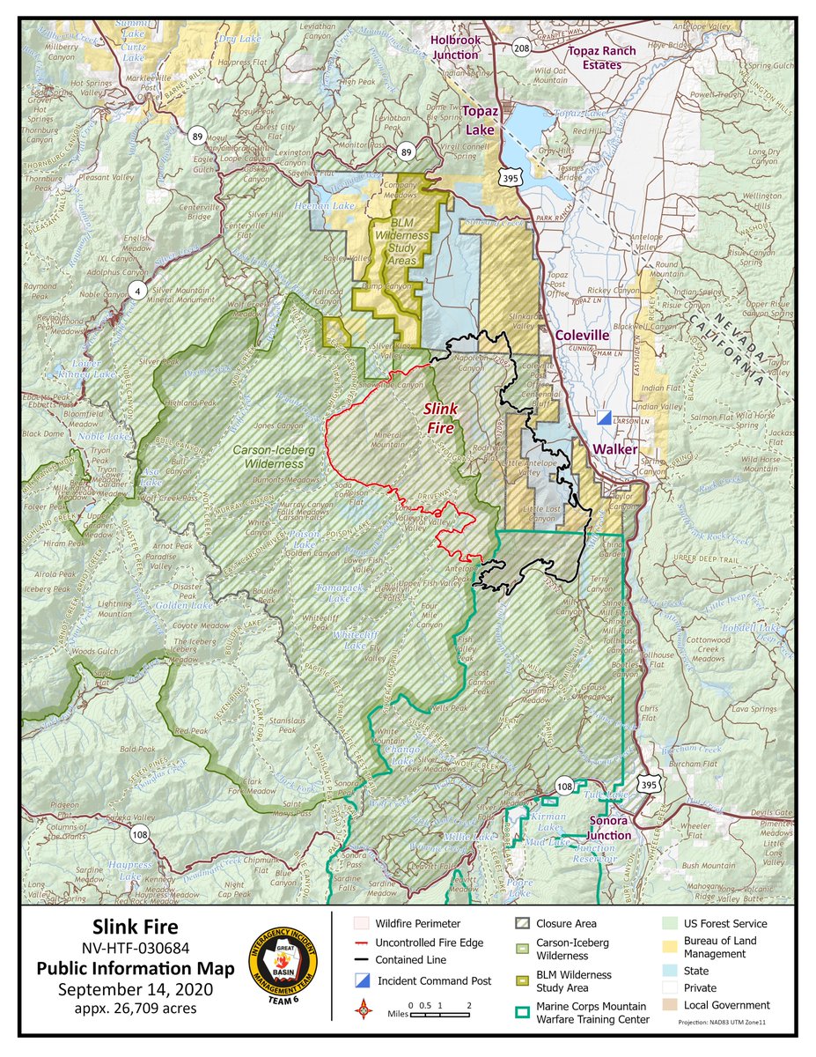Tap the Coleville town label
(582, 335)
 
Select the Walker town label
(614, 449)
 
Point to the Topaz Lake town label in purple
(482, 121)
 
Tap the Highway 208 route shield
(522, 48)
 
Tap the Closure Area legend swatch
(522, 924)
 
